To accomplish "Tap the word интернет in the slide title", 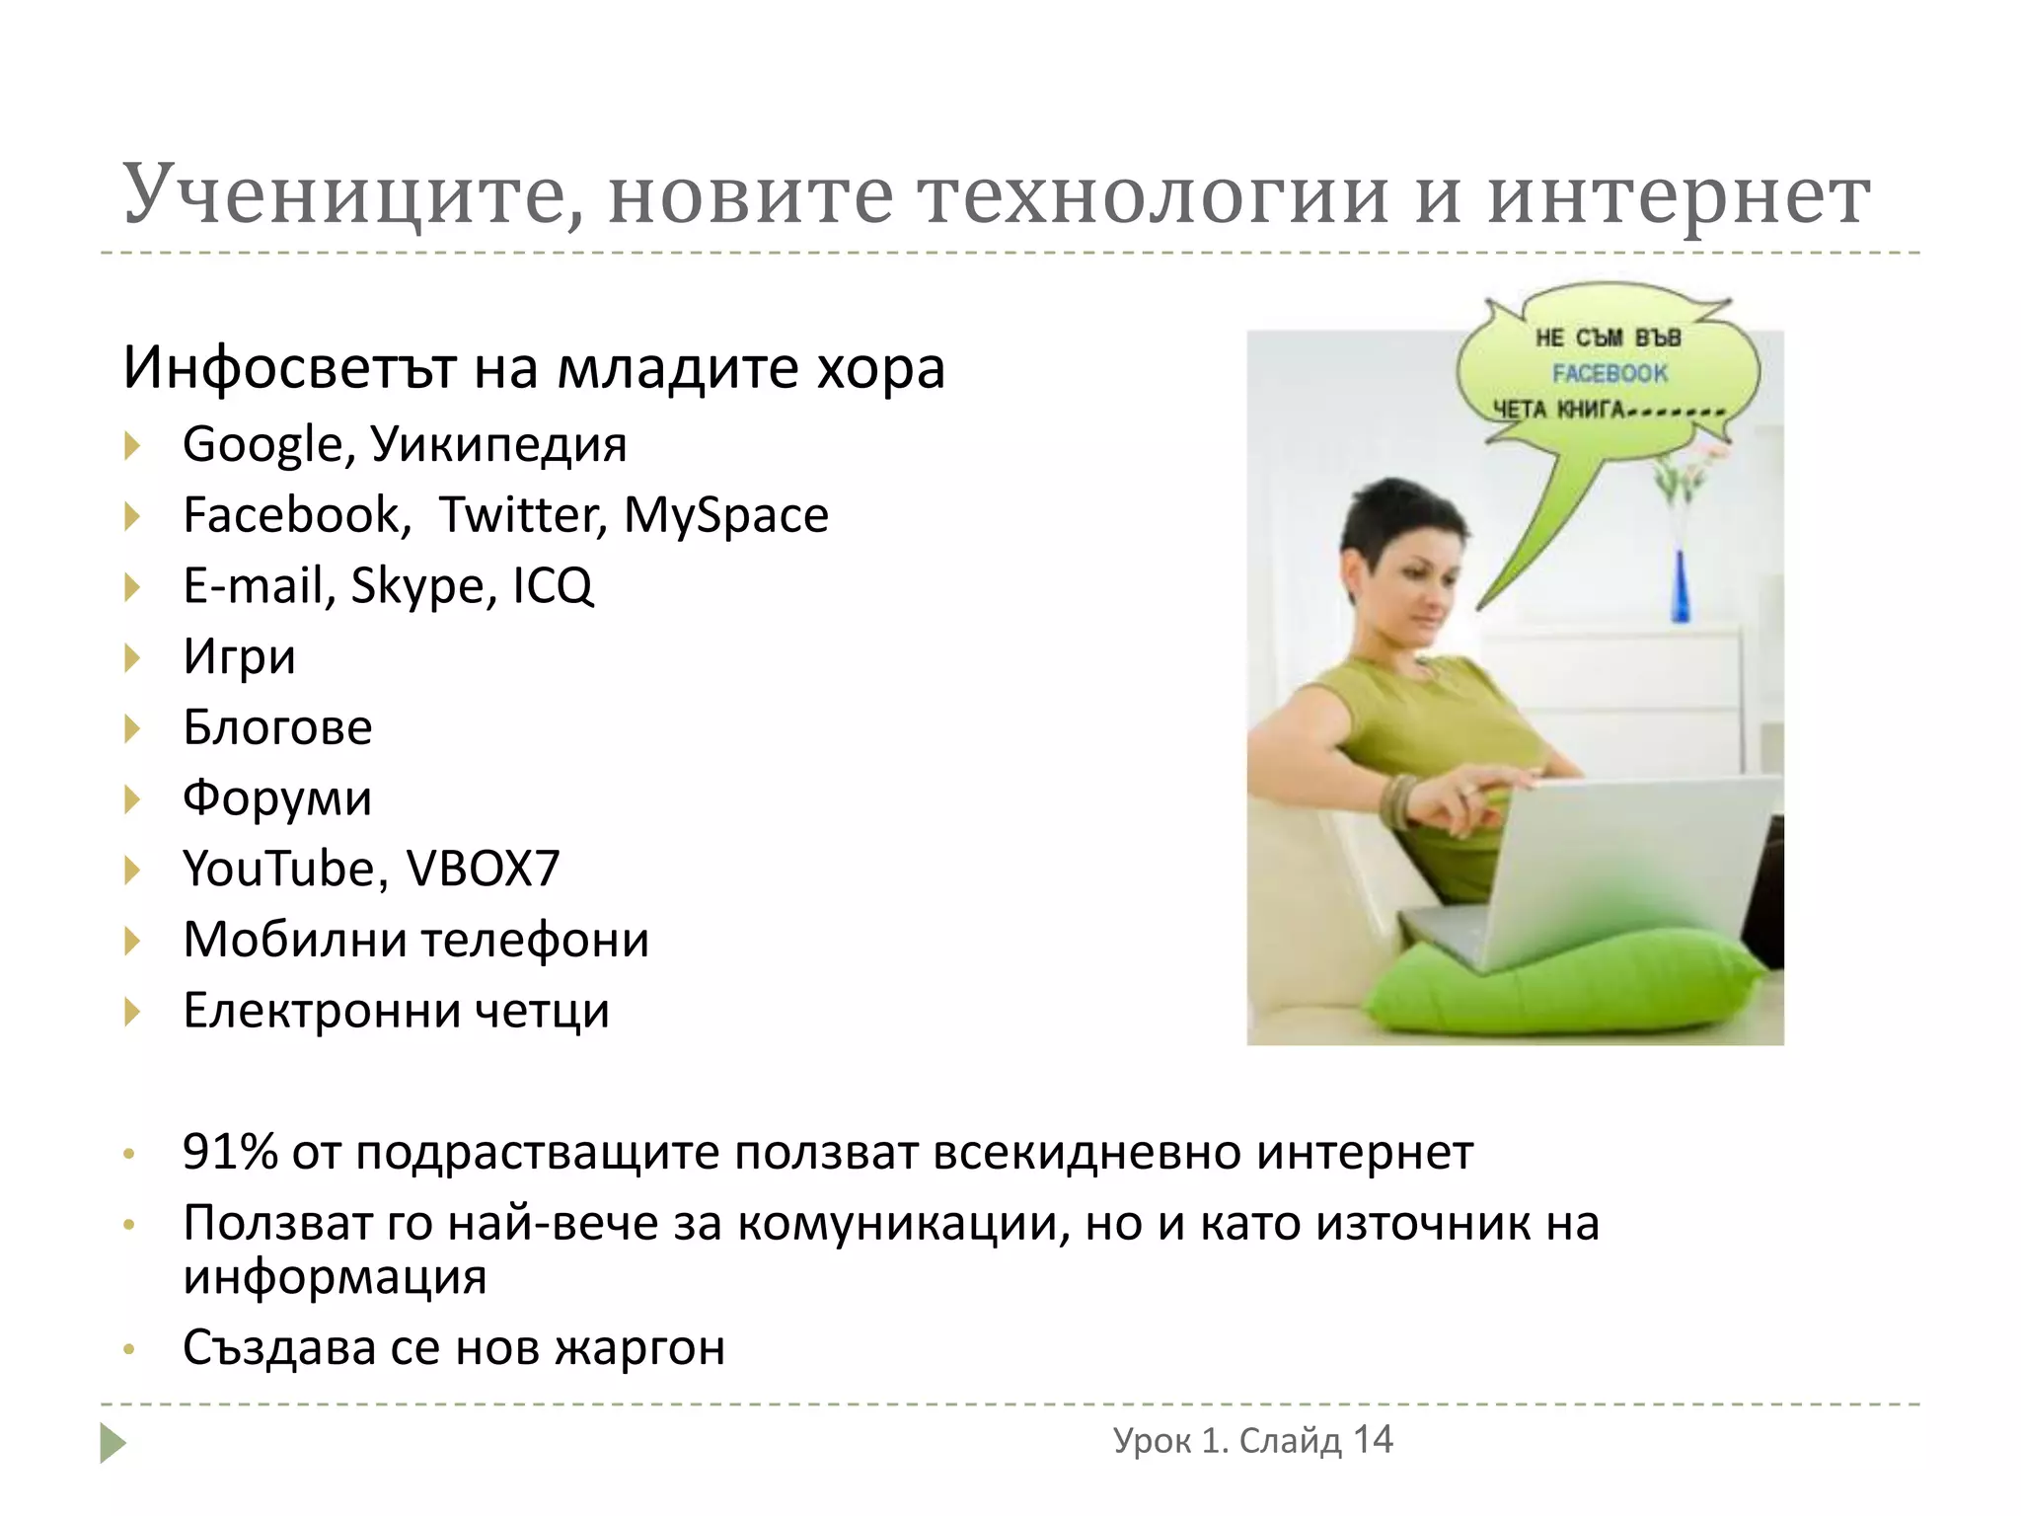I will tap(1678, 195).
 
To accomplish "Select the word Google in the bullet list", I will tap(262, 445).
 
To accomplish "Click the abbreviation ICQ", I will tap(553, 586).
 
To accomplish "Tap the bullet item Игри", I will tap(239, 657).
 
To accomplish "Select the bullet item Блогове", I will tap(277, 727).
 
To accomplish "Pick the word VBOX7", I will tap(484, 870).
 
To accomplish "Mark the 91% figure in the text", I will tap(229, 1152).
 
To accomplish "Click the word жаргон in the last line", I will tap(639, 1348).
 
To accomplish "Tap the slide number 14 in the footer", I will tap(1372, 1440).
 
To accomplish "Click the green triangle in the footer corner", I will tap(112, 1443).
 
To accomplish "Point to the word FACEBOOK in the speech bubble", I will tap(1609, 373).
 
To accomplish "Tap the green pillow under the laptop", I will tap(1569, 987).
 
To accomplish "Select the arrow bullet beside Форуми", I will tap(132, 799).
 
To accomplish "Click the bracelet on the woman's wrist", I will tap(1397, 801).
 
